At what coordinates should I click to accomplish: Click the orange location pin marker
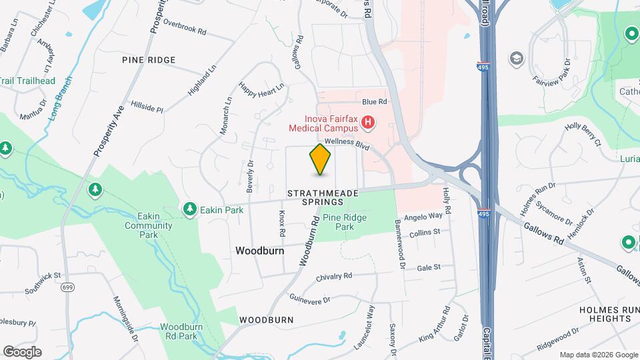click(321, 159)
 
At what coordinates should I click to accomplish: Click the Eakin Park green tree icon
click(191, 210)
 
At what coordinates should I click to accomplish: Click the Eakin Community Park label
click(148, 225)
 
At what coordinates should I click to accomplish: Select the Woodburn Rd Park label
click(179, 331)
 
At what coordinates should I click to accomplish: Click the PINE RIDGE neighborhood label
click(149, 60)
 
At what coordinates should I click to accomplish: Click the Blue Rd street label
click(374, 102)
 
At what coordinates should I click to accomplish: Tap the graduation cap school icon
click(516, 59)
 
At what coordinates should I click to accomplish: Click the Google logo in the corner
click(22, 351)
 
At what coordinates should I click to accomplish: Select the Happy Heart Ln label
click(261, 89)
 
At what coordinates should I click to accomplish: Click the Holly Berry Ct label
click(583, 133)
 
